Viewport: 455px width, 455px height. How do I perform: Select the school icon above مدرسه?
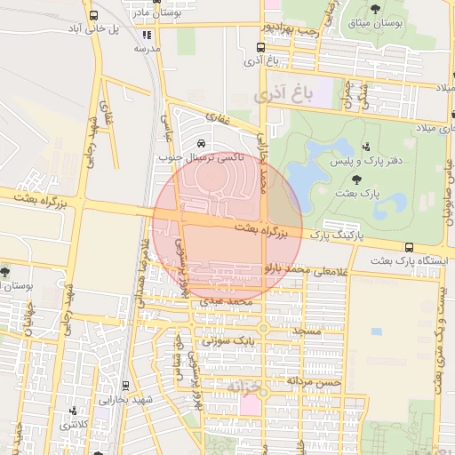(147, 36)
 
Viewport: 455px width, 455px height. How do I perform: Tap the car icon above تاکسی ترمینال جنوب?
(201, 143)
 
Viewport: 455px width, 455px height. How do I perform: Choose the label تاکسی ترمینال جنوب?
(201, 157)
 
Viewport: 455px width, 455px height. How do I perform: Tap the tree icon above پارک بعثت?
(343, 178)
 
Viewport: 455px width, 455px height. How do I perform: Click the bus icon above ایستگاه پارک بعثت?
(408, 247)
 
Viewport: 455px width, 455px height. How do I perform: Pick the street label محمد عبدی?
(229, 302)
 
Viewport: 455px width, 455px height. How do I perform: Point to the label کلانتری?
(73, 425)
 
